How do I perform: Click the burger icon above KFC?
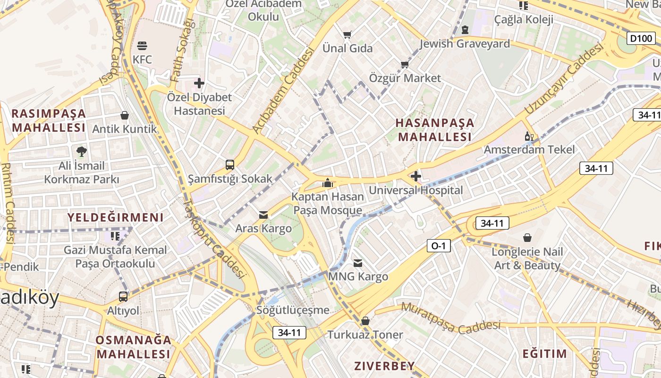pyautogui.click(x=142, y=46)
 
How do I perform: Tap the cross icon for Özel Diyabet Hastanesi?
pyautogui.click(x=199, y=84)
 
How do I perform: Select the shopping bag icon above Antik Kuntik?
pyautogui.click(x=125, y=115)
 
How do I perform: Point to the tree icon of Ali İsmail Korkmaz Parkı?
pyautogui.click(x=82, y=152)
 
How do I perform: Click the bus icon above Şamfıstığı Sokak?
pyautogui.click(x=230, y=165)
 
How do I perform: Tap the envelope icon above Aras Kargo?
pyautogui.click(x=263, y=215)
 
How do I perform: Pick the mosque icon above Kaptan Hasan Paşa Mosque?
pyautogui.click(x=328, y=183)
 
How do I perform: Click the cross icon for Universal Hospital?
pyautogui.click(x=416, y=177)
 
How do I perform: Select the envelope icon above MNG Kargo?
pyautogui.click(x=358, y=263)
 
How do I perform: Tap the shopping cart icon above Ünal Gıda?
pyautogui.click(x=347, y=34)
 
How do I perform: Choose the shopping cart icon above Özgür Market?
pyautogui.click(x=405, y=64)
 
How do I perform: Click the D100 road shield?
pyautogui.click(x=641, y=38)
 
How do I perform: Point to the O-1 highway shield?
pyautogui.click(x=439, y=246)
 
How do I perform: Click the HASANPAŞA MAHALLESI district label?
pyautogui.click(x=434, y=130)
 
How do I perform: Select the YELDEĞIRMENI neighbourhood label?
pyautogui.click(x=115, y=217)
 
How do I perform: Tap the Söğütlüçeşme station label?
pyautogui.click(x=293, y=310)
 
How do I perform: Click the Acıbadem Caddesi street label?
pyautogui.click(x=284, y=90)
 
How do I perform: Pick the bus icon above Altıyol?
pyautogui.click(x=123, y=297)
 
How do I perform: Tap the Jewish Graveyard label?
pyautogui.click(x=465, y=44)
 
